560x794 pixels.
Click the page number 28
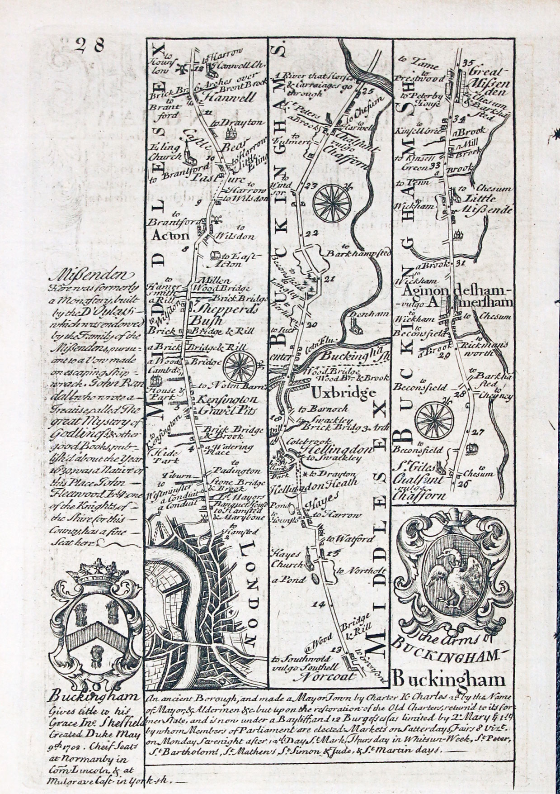90,45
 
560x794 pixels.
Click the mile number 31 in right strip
461,262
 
